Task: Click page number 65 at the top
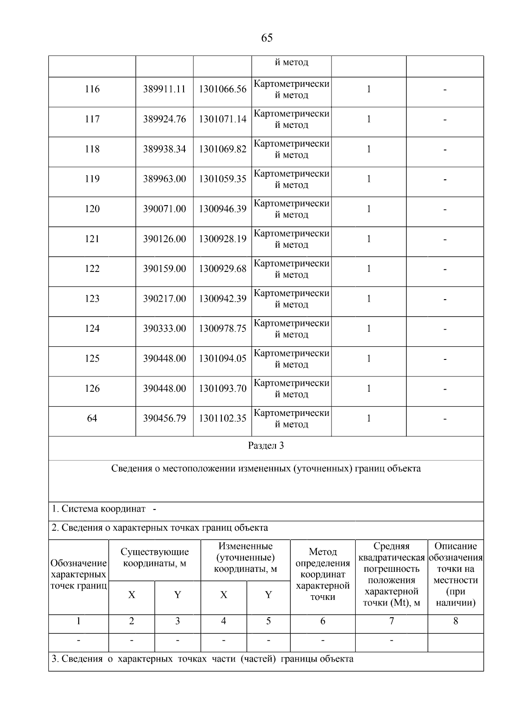266,38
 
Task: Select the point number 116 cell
92,89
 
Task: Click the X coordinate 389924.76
164,119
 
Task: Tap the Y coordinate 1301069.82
222,149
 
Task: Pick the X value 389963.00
164,179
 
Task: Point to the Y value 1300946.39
222,209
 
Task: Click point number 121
92,239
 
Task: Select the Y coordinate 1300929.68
222,269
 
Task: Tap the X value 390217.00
164,299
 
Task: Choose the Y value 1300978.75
222,329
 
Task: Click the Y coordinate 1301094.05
222,359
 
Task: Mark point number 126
92,389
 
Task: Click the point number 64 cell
92,419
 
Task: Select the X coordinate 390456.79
164,419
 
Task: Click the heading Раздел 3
266,446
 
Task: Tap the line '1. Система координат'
99,509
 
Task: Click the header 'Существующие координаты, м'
155,558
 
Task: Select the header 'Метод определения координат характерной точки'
323,574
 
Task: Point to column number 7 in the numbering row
391,622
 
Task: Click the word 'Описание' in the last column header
456,546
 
